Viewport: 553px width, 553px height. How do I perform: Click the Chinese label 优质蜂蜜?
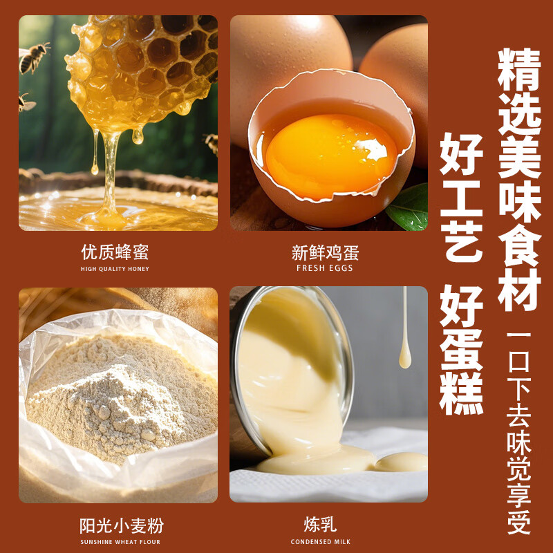[x=115, y=252]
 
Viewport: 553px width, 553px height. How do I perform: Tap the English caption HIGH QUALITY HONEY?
[x=115, y=269]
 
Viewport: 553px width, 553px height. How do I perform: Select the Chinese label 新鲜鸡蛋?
[x=325, y=252]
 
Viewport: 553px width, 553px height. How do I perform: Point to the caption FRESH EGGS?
[x=325, y=268]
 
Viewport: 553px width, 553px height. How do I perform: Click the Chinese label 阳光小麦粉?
[x=122, y=525]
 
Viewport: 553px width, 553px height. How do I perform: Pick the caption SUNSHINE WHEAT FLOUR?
[x=120, y=542]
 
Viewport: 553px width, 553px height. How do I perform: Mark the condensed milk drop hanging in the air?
[x=404, y=356]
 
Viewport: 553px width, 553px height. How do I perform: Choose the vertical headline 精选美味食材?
[x=518, y=180]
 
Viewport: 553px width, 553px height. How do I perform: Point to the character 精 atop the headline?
[x=518, y=69]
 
